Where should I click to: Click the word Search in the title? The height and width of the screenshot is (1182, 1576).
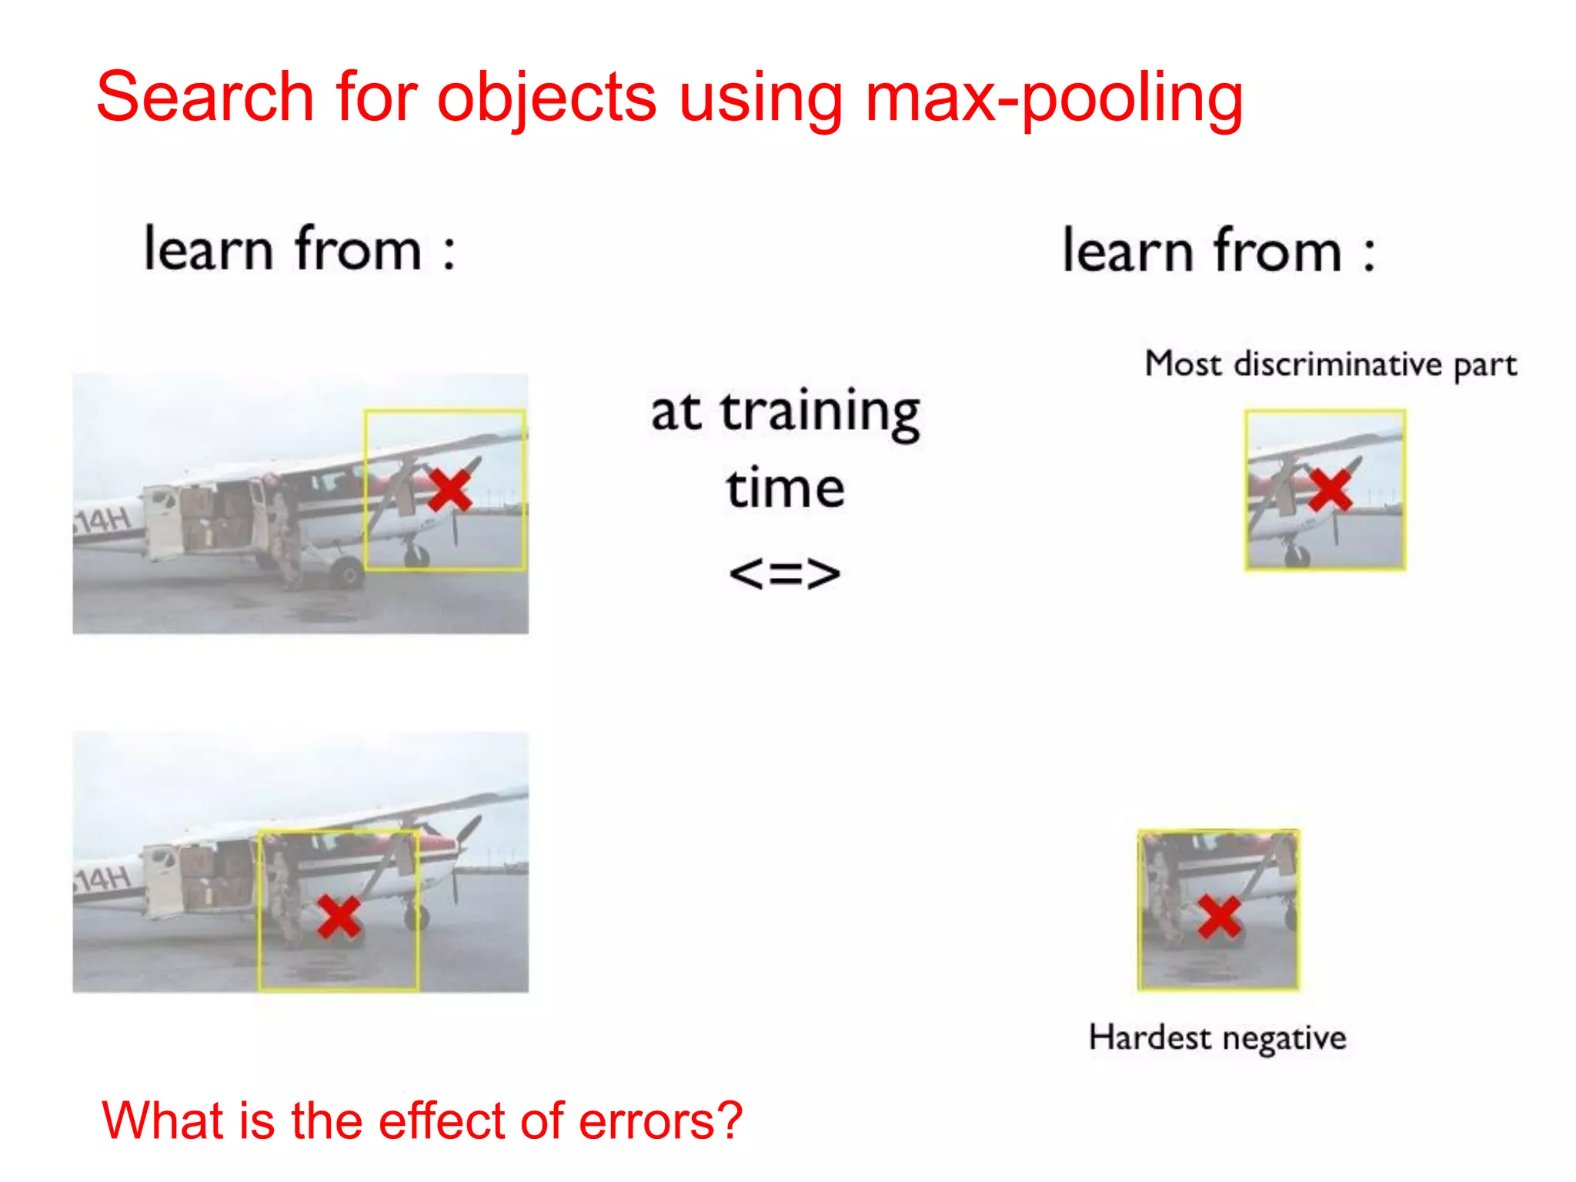[x=205, y=98]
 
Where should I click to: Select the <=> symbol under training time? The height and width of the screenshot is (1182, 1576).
[x=784, y=573]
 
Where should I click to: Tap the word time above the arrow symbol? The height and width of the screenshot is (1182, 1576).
[x=785, y=489]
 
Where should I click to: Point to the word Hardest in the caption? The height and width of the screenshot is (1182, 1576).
[x=1150, y=1037]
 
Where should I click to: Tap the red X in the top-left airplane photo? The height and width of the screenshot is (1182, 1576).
[x=449, y=490]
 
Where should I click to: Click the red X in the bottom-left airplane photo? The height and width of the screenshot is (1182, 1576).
[x=339, y=917]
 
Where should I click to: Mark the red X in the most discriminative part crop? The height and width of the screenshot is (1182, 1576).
[x=1329, y=490]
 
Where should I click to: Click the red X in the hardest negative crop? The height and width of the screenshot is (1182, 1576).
[x=1219, y=917]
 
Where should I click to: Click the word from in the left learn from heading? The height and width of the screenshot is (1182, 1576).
[x=358, y=250]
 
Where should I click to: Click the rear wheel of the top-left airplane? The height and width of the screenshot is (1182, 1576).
[x=348, y=573]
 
